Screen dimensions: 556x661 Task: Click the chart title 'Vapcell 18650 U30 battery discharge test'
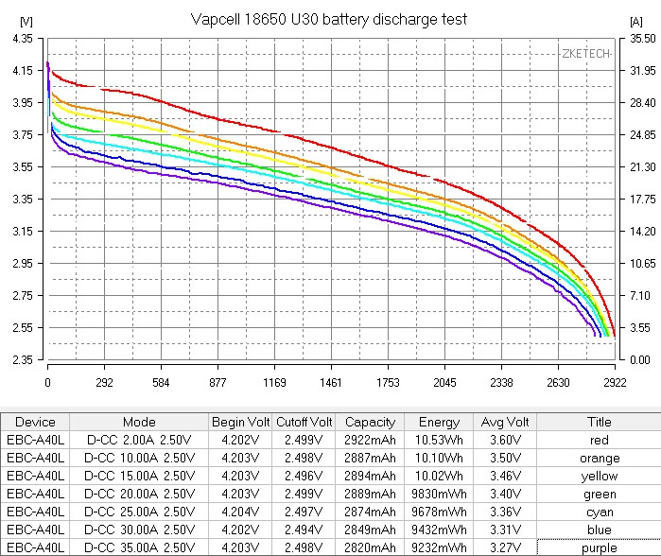click(328, 19)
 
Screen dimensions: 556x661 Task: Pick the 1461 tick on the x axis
click(331, 383)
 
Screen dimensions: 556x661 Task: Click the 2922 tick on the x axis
click(615, 383)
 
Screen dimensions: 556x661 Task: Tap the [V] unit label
click(26, 20)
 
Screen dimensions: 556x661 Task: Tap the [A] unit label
click(635, 20)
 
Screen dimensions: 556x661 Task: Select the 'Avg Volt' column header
click(505, 422)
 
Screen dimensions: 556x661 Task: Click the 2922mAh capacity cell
click(370, 440)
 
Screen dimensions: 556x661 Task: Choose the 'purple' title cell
click(599, 547)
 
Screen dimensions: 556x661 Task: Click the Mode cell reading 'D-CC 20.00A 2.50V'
click(140, 494)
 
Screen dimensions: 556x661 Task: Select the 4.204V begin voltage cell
click(240, 512)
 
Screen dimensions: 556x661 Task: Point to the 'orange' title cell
click(599, 458)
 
